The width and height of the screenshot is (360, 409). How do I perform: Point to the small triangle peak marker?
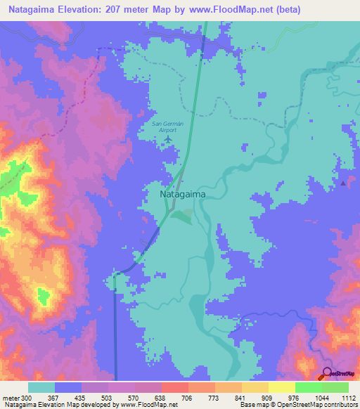tap(343, 183)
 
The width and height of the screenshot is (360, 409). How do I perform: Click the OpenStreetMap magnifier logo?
tap(327, 373)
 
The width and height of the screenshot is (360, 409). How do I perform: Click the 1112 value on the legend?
tap(348, 398)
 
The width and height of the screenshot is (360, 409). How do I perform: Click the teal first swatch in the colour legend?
tap(41, 387)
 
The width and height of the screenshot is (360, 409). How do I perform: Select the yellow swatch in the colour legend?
tap(281, 387)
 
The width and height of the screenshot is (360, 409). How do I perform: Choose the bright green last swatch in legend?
tap(335, 387)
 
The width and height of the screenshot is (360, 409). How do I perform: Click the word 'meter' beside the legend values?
tap(11, 398)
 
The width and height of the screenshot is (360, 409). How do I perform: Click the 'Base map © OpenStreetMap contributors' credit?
tap(298, 405)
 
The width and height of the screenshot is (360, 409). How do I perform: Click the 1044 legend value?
tap(321, 398)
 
